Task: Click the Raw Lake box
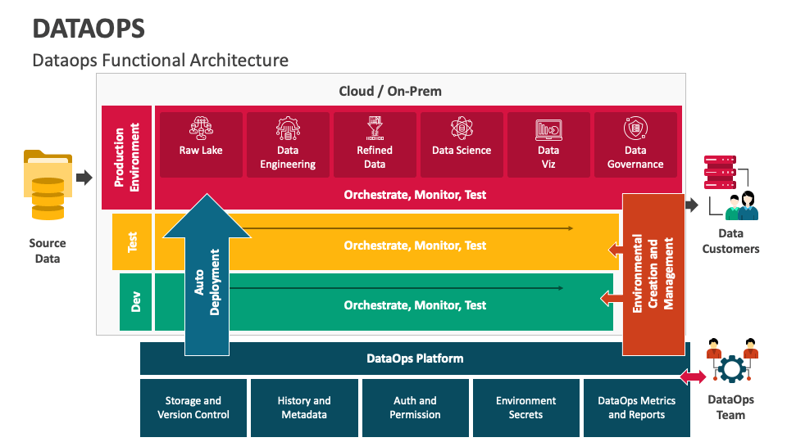coord(201,145)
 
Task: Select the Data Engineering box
coord(288,145)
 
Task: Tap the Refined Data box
coord(375,145)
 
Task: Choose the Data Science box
coord(462,145)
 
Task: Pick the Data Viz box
coord(548,145)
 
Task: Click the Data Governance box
coord(635,145)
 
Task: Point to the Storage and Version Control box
coord(193,408)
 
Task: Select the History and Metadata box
coord(304,408)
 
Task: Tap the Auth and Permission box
coord(416,408)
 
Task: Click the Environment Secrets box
coord(525,408)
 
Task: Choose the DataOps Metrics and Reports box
coord(636,408)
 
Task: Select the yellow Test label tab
coord(132,242)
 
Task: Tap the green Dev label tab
coord(136,302)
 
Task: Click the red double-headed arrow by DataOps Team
coord(694,377)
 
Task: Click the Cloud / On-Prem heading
coord(390,91)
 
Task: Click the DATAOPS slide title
coord(89,29)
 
